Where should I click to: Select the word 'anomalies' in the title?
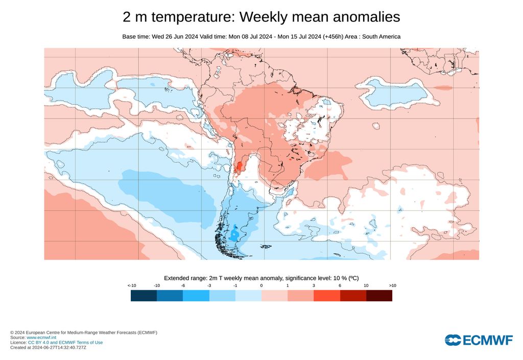[x=366, y=17]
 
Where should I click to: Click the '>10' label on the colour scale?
[x=392, y=285]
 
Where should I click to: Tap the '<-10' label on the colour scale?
[x=131, y=285]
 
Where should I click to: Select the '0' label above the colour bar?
[x=261, y=285]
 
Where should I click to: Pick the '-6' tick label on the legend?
[x=183, y=285]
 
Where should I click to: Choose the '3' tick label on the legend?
[x=314, y=285]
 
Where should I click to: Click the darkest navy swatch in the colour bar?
[x=144, y=296]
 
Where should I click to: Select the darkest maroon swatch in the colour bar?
[x=379, y=296]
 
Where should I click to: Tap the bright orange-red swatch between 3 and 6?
[x=327, y=296]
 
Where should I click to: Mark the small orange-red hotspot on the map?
[x=239, y=166]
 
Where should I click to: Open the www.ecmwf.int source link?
[x=41, y=338]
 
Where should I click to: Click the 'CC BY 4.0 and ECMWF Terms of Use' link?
[x=65, y=343]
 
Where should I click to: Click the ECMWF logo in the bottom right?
[x=479, y=340]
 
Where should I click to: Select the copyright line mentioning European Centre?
[x=84, y=332]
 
